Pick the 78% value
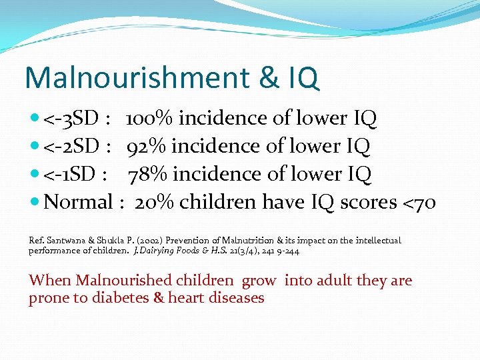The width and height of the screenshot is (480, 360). point(147,174)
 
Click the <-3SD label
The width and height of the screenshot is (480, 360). point(71,119)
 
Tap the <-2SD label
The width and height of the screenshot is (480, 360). point(71,147)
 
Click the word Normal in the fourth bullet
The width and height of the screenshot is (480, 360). point(78,202)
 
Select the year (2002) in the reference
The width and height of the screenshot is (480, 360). point(150,240)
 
